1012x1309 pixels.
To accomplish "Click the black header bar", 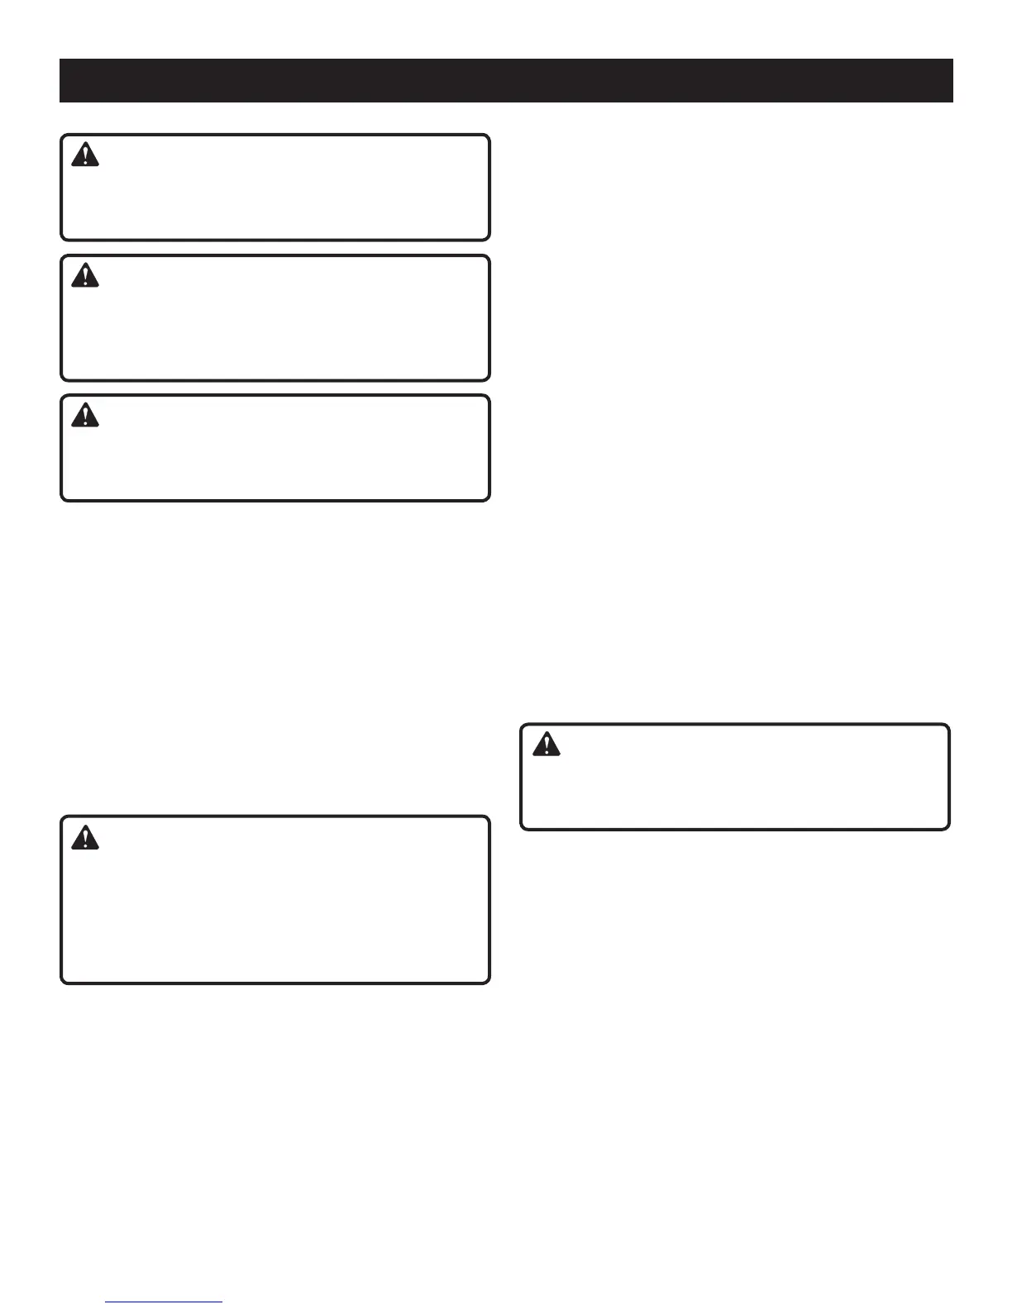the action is [x=506, y=80].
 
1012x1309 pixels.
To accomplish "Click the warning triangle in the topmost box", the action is [x=85, y=155].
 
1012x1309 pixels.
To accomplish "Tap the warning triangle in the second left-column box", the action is [x=85, y=275].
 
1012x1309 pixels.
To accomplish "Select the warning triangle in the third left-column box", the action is [x=85, y=416].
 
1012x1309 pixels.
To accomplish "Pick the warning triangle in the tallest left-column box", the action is [x=85, y=838].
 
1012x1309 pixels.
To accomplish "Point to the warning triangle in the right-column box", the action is [x=546, y=745].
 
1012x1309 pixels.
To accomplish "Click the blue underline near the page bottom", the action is [x=165, y=1302].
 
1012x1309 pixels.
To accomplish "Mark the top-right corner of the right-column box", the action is [x=948, y=726].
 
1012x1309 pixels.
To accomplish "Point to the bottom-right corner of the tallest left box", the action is [x=488, y=982].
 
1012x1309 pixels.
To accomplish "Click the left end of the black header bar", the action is [x=62, y=80].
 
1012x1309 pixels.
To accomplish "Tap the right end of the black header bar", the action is [x=951, y=80].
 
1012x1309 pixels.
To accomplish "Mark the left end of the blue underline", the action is [x=107, y=1302].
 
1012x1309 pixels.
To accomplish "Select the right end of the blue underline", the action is [x=222, y=1302].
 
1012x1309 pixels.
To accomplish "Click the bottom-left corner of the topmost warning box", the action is [x=63, y=238].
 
